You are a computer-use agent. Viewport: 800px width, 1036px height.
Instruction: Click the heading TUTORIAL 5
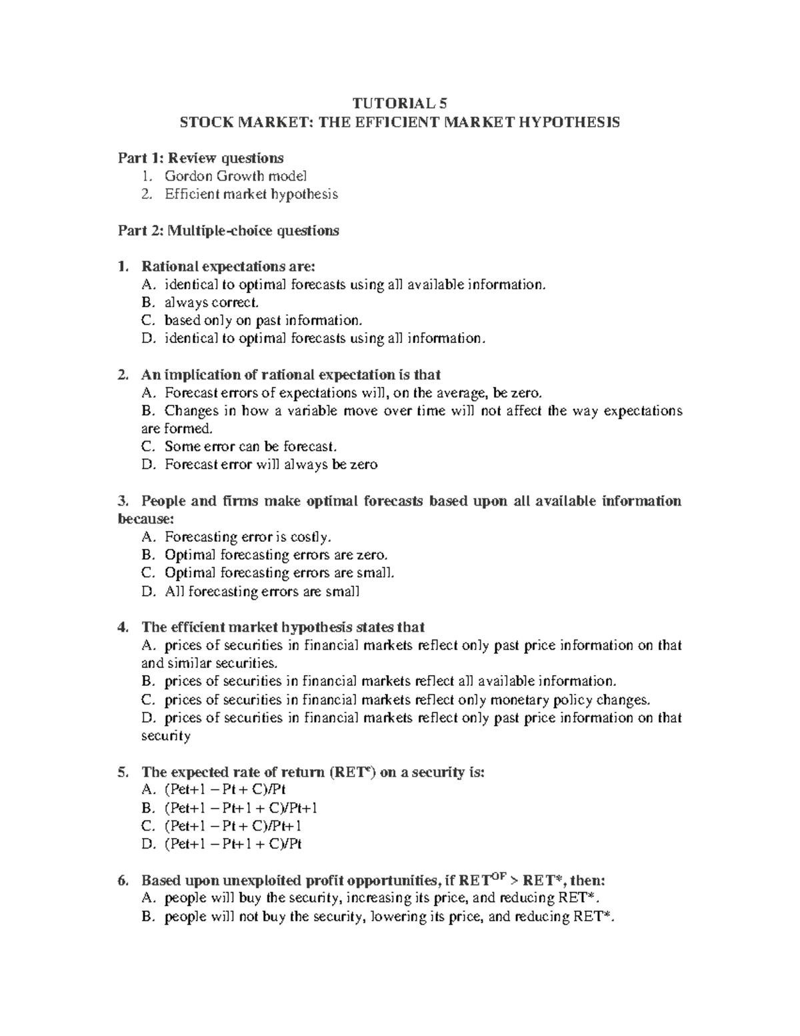coord(400,103)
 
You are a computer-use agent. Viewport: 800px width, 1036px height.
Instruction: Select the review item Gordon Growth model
coord(235,176)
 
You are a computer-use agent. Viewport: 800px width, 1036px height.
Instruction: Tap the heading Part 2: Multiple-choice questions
coord(228,231)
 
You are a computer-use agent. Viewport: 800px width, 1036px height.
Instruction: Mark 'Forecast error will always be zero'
coord(271,464)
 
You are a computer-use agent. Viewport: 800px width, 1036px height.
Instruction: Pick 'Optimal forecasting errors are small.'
coord(279,572)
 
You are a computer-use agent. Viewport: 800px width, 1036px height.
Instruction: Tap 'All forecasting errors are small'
coord(262,591)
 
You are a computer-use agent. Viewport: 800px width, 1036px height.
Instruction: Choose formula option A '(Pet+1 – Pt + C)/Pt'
coord(225,790)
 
